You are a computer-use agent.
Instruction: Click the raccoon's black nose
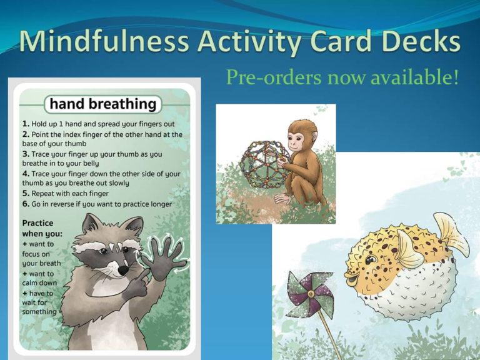(x=123, y=269)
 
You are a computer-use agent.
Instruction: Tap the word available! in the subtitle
(x=424, y=79)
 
